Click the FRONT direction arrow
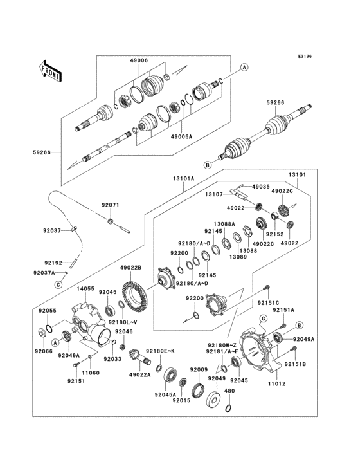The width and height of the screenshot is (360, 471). [x=51, y=69]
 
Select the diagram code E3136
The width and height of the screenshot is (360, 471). [x=304, y=57]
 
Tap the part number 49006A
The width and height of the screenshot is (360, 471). [x=181, y=136]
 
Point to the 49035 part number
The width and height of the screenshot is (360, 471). [x=261, y=186]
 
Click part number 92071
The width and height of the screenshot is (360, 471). [x=110, y=205]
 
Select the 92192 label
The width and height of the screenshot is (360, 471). [x=53, y=263]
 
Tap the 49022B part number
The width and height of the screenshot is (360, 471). [x=130, y=267]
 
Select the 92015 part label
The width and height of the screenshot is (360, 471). [x=182, y=400]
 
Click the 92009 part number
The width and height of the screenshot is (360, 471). [x=197, y=369]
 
